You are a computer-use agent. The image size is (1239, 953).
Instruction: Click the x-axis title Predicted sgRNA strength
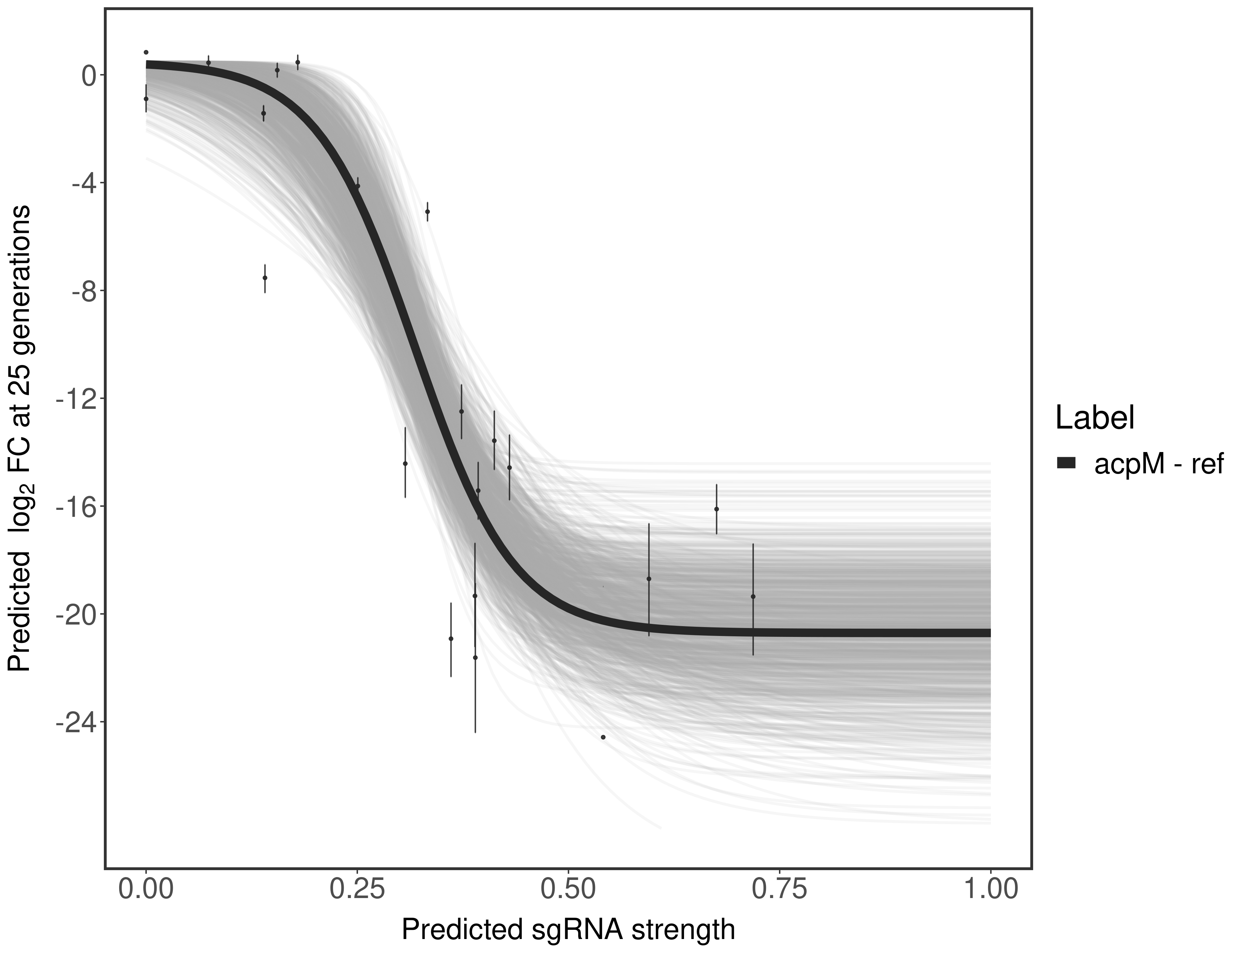tap(568, 930)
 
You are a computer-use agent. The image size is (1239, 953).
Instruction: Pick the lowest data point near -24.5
tap(603, 737)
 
